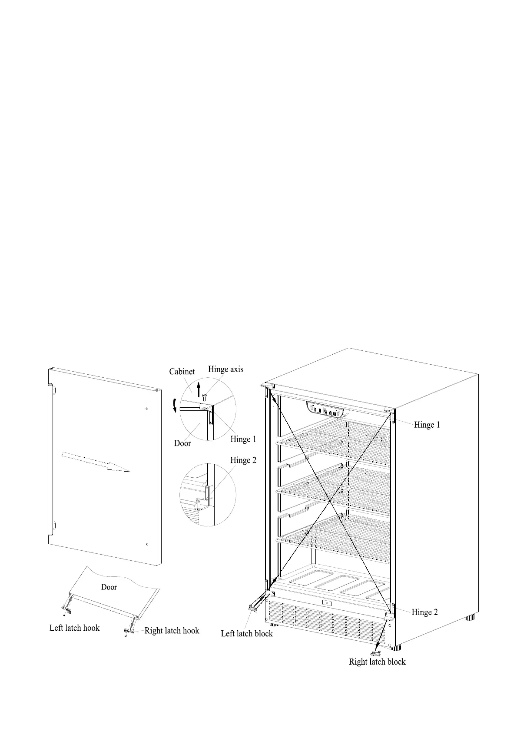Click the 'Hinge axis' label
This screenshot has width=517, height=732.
click(225, 369)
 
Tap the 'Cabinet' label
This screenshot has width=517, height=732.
click(182, 372)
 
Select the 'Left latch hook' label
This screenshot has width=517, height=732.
click(74, 628)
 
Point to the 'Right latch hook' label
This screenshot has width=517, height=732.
click(172, 630)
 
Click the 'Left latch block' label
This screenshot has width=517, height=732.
click(247, 633)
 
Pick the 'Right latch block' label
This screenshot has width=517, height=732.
click(377, 662)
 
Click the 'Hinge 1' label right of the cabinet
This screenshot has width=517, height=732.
click(427, 425)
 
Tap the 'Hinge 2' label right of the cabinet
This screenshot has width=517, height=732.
click(424, 612)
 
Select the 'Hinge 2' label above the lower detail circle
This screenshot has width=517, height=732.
click(243, 460)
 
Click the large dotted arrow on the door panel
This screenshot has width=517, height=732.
click(96, 462)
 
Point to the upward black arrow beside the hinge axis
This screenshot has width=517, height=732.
click(199, 389)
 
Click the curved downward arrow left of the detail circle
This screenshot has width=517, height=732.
click(175, 406)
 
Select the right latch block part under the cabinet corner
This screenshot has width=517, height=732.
click(375, 653)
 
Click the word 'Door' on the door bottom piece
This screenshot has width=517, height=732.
click(109, 587)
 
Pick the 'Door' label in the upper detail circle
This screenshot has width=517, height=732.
click(182, 443)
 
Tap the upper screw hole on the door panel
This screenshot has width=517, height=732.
click(147, 409)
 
